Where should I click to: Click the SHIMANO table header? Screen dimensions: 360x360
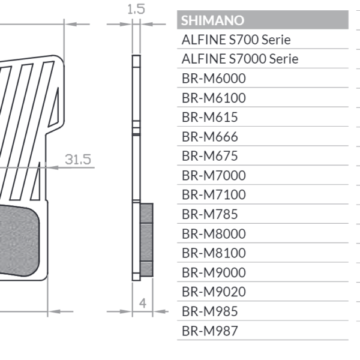point(212,20)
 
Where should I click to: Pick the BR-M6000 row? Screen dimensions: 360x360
point(213,79)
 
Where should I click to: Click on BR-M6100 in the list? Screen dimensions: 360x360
point(213,98)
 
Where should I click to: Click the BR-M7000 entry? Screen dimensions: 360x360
point(213,176)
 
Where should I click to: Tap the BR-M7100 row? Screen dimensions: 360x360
point(213,195)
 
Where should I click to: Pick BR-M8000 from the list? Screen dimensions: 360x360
point(213,234)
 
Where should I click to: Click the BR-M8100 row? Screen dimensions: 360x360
point(213,253)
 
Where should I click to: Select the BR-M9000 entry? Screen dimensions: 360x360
point(213,272)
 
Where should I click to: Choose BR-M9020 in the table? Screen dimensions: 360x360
point(213,292)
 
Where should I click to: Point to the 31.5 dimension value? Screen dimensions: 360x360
point(78,160)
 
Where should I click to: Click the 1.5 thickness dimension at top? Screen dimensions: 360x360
point(136,9)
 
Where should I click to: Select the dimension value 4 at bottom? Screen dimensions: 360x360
point(142,303)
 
